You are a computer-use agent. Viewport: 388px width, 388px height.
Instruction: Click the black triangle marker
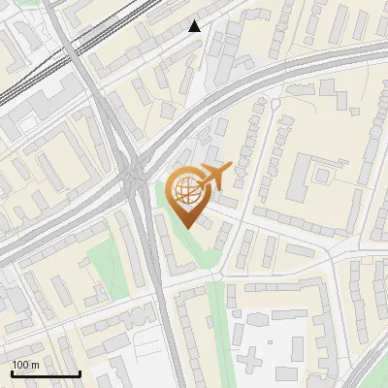tap(195, 26)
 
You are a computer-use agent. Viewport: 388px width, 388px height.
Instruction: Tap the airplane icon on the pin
tap(214, 177)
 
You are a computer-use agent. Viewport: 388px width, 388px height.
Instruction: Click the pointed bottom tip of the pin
tap(188, 227)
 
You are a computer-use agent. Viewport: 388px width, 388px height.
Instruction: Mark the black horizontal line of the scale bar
tap(45, 373)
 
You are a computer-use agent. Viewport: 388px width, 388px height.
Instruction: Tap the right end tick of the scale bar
tap(79, 372)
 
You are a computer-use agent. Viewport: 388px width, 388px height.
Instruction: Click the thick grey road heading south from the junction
tap(165, 320)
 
